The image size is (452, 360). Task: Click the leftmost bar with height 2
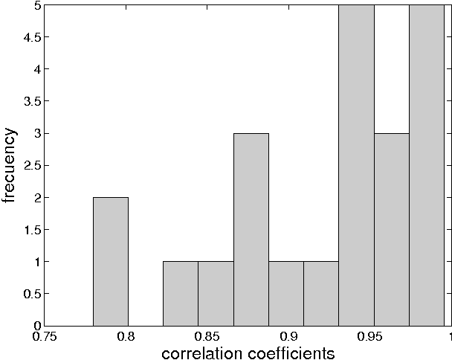point(111,261)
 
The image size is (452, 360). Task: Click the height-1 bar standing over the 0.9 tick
point(286,293)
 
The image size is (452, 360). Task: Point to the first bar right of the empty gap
point(181,293)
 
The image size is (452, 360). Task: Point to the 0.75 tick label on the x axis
point(45,335)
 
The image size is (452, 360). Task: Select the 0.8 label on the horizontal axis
point(126,335)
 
